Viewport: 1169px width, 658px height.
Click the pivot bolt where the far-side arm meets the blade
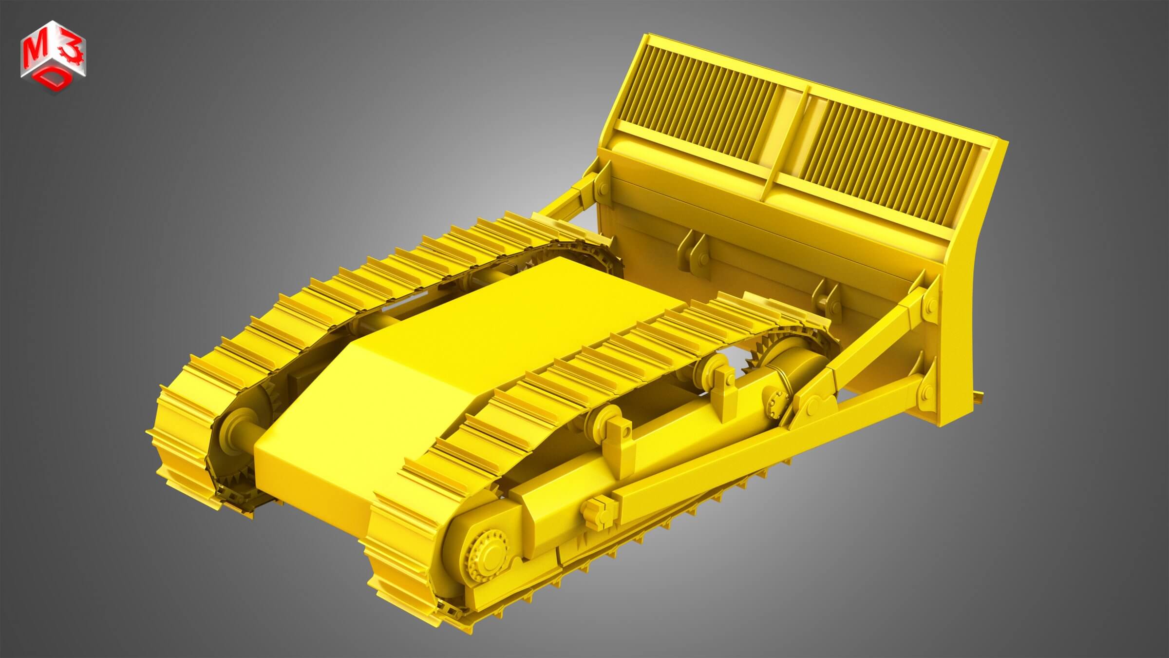(600, 188)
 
